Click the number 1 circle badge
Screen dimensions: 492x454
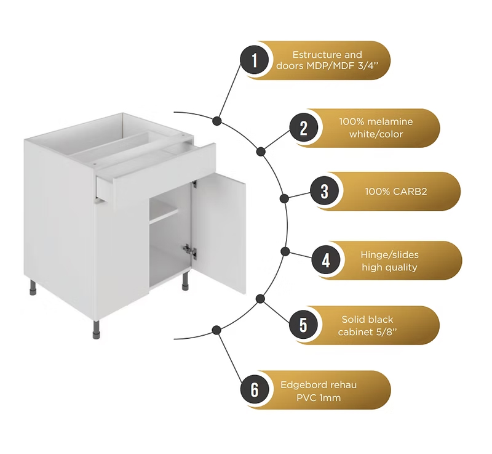(x=255, y=60)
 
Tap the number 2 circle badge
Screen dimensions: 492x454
(x=303, y=128)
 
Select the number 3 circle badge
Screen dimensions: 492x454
(x=325, y=191)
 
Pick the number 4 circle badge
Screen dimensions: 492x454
(x=326, y=260)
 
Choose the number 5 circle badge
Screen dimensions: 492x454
(x=303, y=325)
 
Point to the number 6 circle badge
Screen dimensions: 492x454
(x=255, y=389)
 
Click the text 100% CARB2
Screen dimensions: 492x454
(x=395, y=192)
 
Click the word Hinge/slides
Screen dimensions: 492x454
(x=389, y=255)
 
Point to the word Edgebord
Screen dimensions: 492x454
(x=306, y=385)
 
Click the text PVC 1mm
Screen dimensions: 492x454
(x=319, y=398)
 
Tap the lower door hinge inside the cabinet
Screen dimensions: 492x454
(x=189, y=250)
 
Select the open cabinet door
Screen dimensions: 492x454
(x=219, y=233)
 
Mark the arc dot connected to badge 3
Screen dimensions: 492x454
(x=284, y=198)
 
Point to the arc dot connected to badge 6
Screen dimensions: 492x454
(x=216, y=330)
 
